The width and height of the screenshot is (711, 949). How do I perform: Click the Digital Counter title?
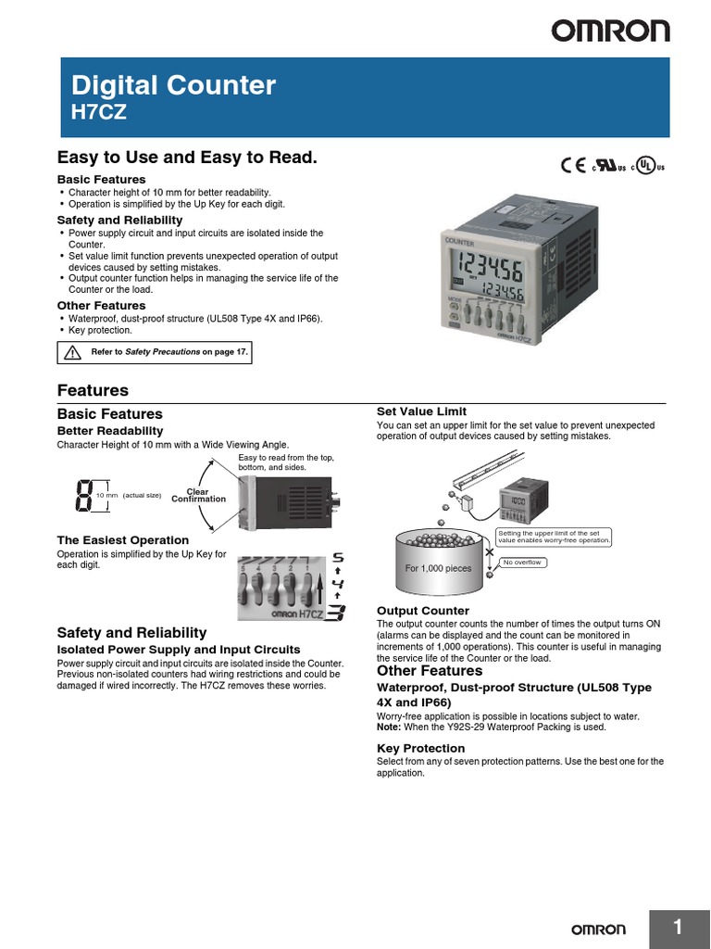[174, 86]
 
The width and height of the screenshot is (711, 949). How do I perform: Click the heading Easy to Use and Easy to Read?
[187, 158]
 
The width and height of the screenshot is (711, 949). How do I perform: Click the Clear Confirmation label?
[198, 495]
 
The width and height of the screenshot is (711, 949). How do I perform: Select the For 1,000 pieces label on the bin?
[438, 568]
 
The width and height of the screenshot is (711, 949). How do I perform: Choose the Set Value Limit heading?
[421, 411]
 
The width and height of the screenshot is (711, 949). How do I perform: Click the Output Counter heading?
[422, 611]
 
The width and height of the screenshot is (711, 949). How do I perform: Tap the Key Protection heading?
[420, 748]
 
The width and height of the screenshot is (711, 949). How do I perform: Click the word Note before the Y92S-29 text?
[389, 728]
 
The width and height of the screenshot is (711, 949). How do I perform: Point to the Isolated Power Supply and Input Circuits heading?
[179, 650]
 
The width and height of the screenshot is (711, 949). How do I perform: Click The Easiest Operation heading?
[123, 540]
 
